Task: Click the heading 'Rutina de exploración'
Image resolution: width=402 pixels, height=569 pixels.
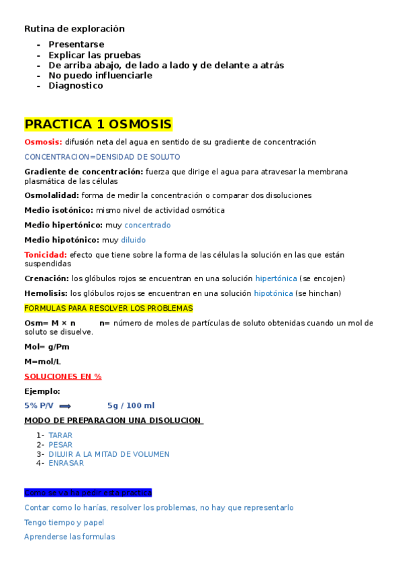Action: coord(74,29)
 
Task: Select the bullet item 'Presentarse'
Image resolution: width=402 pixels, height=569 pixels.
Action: coord(76,44)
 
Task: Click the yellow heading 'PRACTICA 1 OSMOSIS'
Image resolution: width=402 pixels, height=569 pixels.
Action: coord(98,125)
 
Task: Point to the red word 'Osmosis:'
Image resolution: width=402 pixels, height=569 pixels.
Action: coord(43,142)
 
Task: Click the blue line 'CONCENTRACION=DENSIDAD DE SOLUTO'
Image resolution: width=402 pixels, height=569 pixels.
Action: coord(102,157)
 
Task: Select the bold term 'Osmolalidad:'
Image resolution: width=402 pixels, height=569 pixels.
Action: coord(52,196)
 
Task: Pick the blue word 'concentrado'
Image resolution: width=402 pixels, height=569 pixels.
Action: coord(147,225)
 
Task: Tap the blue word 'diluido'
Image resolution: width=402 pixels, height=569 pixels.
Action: coord(133,240)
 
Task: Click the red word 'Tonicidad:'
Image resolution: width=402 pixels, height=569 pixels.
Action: coord(45,255)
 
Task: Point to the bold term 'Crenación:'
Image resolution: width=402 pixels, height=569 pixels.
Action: coord(46,278)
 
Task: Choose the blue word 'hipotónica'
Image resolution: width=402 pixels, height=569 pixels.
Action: coord(273,293)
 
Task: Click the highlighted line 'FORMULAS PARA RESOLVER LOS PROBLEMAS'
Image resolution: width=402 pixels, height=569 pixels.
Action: coord(108,308)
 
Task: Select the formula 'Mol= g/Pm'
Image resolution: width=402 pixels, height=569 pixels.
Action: coord(46,347)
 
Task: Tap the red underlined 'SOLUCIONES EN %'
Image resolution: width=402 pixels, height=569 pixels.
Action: coord(62,376)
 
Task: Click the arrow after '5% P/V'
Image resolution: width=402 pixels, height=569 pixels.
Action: coord(65,406)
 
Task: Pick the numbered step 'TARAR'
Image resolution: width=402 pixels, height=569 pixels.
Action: coord(60,435)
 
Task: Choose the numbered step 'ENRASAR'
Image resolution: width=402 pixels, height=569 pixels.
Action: coord(66,463)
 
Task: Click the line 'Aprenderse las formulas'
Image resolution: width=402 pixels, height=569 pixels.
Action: coord(69,537)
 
